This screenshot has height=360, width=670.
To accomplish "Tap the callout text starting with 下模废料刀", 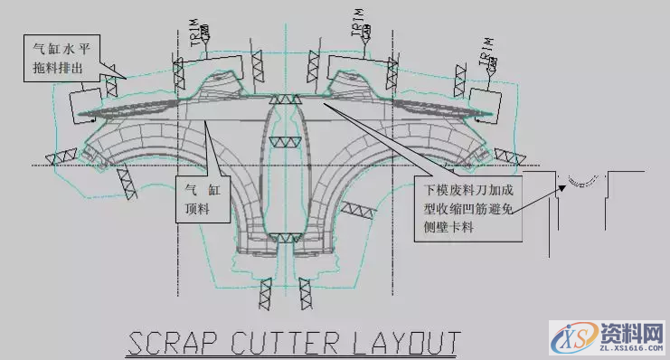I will click(471, 209).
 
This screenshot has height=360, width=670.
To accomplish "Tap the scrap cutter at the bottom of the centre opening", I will click(288, 237).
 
